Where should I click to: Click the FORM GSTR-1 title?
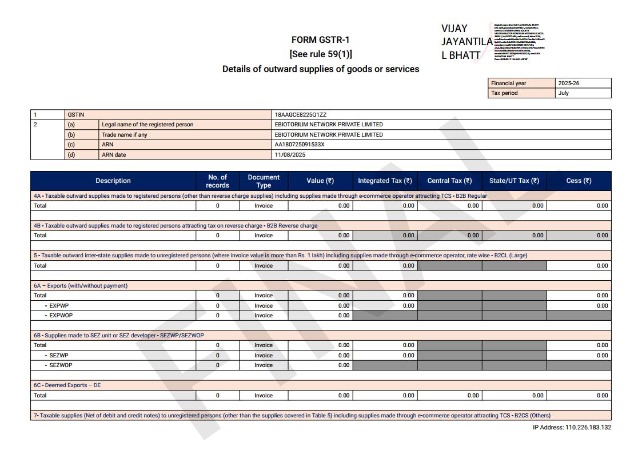point(320,40)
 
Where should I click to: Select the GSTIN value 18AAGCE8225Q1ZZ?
point(300,115)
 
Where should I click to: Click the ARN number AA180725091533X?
point(300,145)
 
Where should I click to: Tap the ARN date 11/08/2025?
point(290,155)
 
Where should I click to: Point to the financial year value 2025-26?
point(568,83)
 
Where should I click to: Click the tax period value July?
point(564,93)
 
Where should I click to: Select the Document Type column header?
point(264,181)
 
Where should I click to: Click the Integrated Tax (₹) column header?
point(385,181)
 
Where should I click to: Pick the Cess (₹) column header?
point(579,181)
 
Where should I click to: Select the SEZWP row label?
point(58,356)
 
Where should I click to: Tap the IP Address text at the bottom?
point(572,428)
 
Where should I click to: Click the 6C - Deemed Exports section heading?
point(67,385)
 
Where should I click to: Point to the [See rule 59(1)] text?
point(321,54)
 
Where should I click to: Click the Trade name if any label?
point(124,135)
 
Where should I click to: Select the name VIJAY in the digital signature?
point(454,29)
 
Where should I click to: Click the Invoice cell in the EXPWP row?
point(264,306)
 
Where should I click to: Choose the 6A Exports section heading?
point(80,286)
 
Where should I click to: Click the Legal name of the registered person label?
point(147,125)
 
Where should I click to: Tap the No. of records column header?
point(217,181)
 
